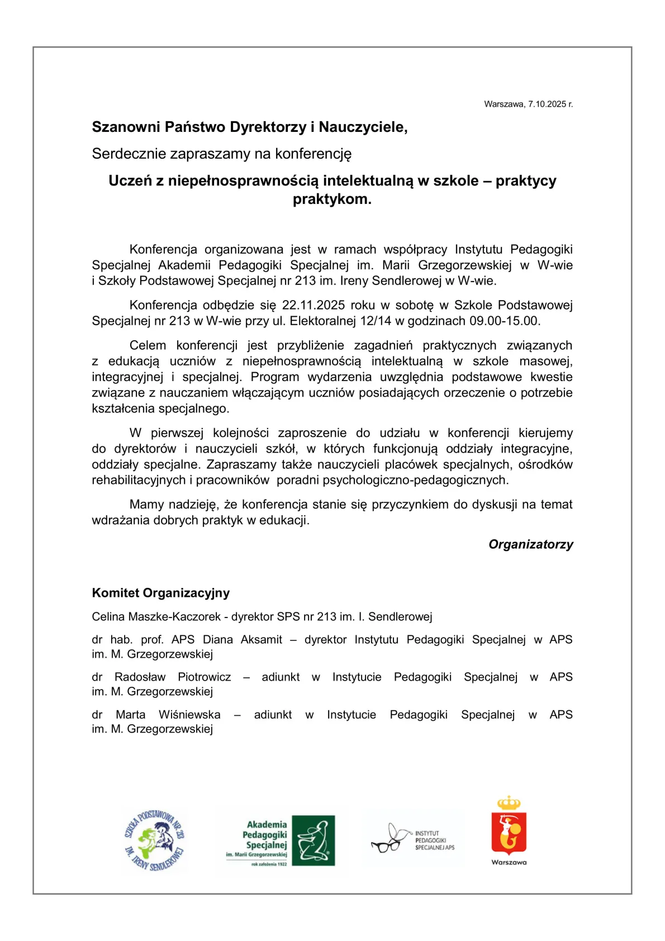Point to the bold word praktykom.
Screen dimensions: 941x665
click(332, 199)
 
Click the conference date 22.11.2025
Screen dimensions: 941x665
click(313, 305)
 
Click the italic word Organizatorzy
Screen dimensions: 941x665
click(530, 544)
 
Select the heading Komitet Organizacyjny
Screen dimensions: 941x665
click(161, 593)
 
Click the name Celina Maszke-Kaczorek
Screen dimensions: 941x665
click(156, 617)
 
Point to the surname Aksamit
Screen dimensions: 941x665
click(261, 640)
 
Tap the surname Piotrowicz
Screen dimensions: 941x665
click(204, 677)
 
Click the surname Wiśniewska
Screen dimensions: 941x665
click(189, 715)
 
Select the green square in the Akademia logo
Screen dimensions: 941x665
click(313, 840)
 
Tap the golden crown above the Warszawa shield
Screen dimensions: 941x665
click(509, 803)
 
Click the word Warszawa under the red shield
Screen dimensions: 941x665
click(509, 862)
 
